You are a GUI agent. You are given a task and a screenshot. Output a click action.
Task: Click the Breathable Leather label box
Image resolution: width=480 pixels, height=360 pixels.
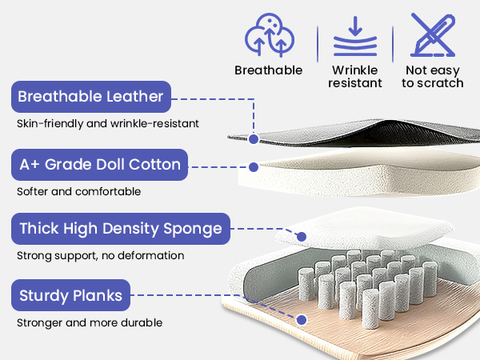[x=91, y=97]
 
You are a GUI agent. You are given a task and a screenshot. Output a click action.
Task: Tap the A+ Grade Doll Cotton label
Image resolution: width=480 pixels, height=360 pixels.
[x=99, y=165]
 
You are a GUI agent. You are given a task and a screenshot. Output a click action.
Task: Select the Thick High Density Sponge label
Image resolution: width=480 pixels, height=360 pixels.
[x=121, y=229]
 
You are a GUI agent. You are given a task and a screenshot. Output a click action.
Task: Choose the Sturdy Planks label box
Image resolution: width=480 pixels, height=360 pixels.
[x=70, y=295]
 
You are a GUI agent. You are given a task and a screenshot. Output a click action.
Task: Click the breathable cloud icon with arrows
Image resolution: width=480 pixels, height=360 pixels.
[x=270, y=35]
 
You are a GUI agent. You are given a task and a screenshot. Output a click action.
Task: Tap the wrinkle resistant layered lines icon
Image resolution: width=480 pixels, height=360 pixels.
[x=355, y=36]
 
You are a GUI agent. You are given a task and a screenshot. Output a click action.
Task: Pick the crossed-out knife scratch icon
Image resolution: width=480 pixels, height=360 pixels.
[x=433, y=35]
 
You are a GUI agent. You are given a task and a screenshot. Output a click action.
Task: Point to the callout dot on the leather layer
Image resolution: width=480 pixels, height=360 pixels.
[x=254, y=139]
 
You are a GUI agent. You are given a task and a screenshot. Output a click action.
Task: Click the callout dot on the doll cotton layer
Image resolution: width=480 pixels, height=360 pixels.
[x=254, y=167]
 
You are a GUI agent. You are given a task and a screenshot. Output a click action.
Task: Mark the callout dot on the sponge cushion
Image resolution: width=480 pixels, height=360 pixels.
[x=302, y=236]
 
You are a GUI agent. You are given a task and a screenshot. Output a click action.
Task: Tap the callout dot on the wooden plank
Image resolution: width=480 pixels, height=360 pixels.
[x=302, y=320]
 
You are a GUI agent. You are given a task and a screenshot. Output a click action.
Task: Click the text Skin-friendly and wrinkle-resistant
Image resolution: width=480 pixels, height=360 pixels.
[x=108, y=124]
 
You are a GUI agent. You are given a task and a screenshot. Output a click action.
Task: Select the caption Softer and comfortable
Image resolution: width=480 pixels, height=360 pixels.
[x=78, y=192]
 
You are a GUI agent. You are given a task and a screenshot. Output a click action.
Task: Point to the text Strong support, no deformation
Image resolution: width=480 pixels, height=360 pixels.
[x=101, y=256]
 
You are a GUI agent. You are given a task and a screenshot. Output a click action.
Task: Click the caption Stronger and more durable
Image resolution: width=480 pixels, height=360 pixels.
[x=90, y=322]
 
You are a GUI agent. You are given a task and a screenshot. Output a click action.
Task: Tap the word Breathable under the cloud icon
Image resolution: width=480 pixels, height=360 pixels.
[x=269, y=70]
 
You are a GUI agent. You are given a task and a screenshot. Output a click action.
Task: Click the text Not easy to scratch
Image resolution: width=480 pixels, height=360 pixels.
[x=433, y=77]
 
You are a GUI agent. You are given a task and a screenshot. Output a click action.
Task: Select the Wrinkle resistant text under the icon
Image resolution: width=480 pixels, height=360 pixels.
[x=355, y=77]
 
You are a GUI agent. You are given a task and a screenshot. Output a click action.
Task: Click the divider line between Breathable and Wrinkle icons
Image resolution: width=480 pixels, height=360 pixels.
[x=318, y=44]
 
